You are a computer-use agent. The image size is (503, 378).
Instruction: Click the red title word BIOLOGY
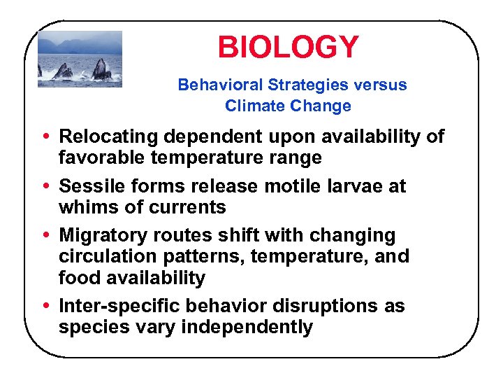tap(288, 48)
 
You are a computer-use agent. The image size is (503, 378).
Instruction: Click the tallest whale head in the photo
tap(101, 69)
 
